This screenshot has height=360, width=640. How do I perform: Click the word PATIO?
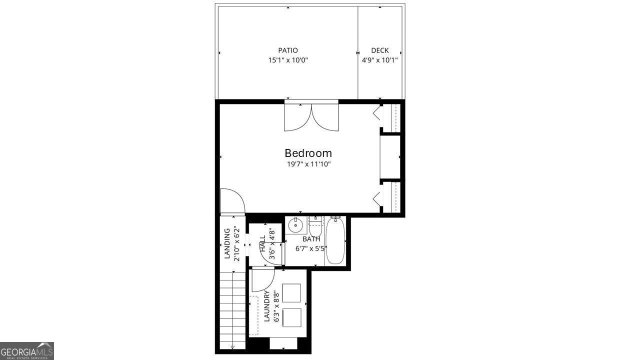(x=288, y=50)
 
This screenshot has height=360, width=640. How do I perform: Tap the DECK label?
(x=379, y=50)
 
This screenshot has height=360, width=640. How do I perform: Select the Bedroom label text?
(x=308, y=153)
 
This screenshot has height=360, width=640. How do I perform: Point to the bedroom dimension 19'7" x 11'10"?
(x=308, y=164)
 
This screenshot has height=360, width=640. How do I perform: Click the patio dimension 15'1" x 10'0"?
(x=288, y=60)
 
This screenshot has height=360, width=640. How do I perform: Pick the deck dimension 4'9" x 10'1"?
(x=379, y=60)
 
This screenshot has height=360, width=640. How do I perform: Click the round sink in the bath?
(x=296, y=226)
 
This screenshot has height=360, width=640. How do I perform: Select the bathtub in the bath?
(x=335, y=241)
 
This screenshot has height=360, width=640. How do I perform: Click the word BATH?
(x=311, y=239)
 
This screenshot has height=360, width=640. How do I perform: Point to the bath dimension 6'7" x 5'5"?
(x=311, y=248)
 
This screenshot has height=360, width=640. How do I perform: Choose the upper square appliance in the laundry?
(x=291, y=293)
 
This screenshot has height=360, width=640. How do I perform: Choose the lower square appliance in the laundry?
(x=291, y=317)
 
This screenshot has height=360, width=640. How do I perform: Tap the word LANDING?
(x=227, y=243)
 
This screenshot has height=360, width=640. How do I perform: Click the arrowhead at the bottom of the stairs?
(x=233, y=347)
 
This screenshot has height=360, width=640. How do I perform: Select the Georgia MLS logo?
(x=27, y=350)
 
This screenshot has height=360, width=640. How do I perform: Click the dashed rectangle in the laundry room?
(x=254, y=315)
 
